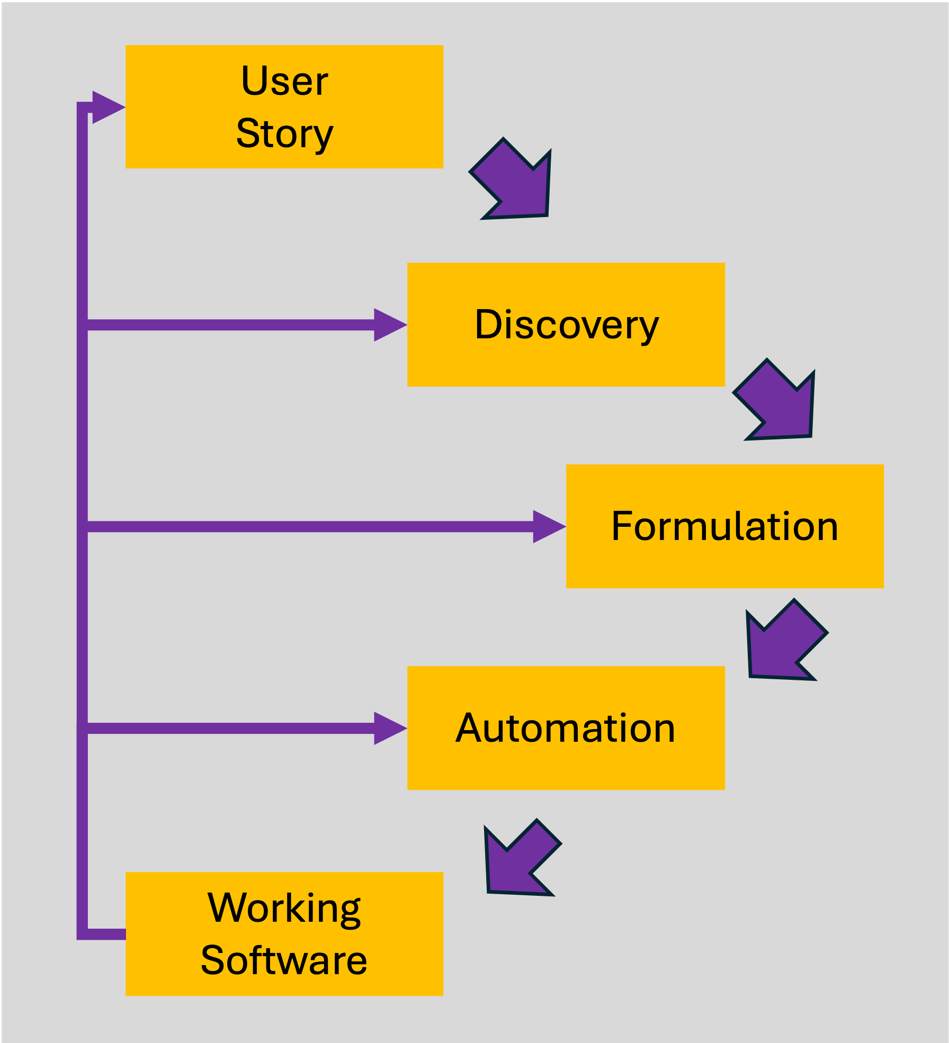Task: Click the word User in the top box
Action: (284, 82)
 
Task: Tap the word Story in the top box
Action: (284, 133)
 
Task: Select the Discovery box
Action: (566, 324)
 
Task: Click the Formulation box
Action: (724, 526)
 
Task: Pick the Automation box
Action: (566, 729)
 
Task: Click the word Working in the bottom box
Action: (284, 909)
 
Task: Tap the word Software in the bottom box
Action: (284, 960)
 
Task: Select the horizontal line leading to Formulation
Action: (307, 526)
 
